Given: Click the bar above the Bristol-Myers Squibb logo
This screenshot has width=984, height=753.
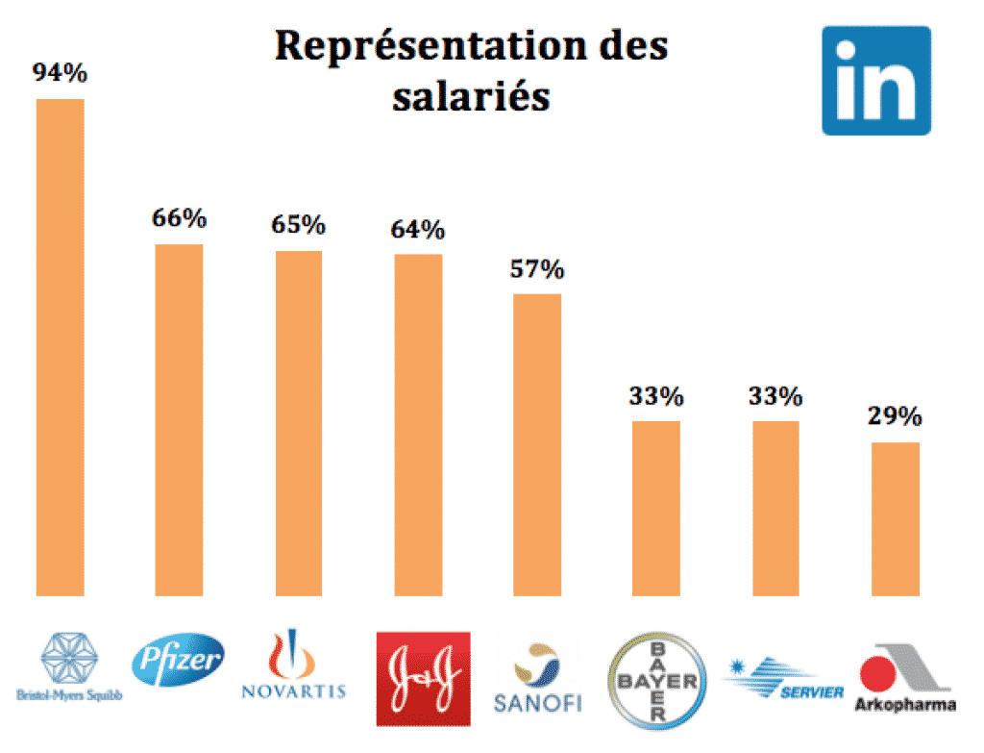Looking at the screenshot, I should (60, 346).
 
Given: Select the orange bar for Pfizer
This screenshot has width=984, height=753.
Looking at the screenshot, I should (179, 419).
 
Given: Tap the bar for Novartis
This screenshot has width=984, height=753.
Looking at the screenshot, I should (299, 423).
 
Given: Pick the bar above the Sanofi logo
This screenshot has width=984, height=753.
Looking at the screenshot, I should (537, 444).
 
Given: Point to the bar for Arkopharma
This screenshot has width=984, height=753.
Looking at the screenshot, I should (896, 518).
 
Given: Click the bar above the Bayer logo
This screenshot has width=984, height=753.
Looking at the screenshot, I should (656, 508).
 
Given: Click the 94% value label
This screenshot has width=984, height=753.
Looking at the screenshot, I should (60, 73).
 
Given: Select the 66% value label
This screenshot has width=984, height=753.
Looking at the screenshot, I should (179, 218).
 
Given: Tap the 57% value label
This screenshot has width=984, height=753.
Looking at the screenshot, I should (537, 269).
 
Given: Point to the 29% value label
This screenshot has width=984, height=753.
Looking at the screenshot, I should (896, 417).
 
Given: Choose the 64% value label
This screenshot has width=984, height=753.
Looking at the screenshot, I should (418, 230).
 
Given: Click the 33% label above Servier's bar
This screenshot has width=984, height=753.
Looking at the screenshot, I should (775, 395).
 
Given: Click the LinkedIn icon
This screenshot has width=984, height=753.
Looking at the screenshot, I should (875, 80).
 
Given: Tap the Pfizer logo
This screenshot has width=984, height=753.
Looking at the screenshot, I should (179, 661).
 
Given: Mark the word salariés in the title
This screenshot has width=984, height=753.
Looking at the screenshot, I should (471, 96).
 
